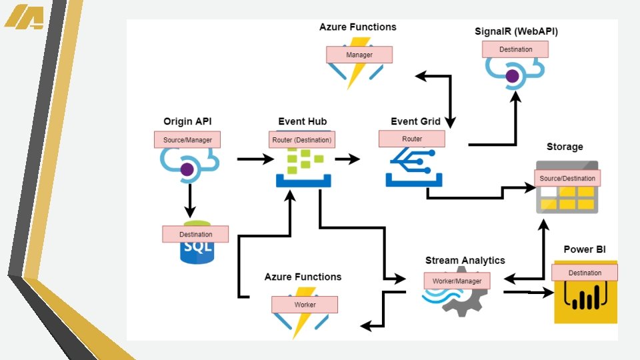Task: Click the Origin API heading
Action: click(187, 121)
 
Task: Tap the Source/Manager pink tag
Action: click(187, 140)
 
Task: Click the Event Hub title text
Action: click(302, 121)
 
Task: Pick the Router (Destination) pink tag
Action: click(302, 140)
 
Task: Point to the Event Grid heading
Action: click(415, 121)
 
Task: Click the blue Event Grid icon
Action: click(412, 166)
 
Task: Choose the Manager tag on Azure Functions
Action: click(359, 55)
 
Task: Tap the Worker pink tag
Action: click(305, 305)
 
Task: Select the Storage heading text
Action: click(565, 147)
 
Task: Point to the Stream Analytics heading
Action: click(465, 261)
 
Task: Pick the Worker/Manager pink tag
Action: click(457, 281)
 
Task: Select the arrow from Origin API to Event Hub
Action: click(255, 159)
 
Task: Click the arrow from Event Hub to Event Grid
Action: click(347, 159)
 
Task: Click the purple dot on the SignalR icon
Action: click(512, 76)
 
